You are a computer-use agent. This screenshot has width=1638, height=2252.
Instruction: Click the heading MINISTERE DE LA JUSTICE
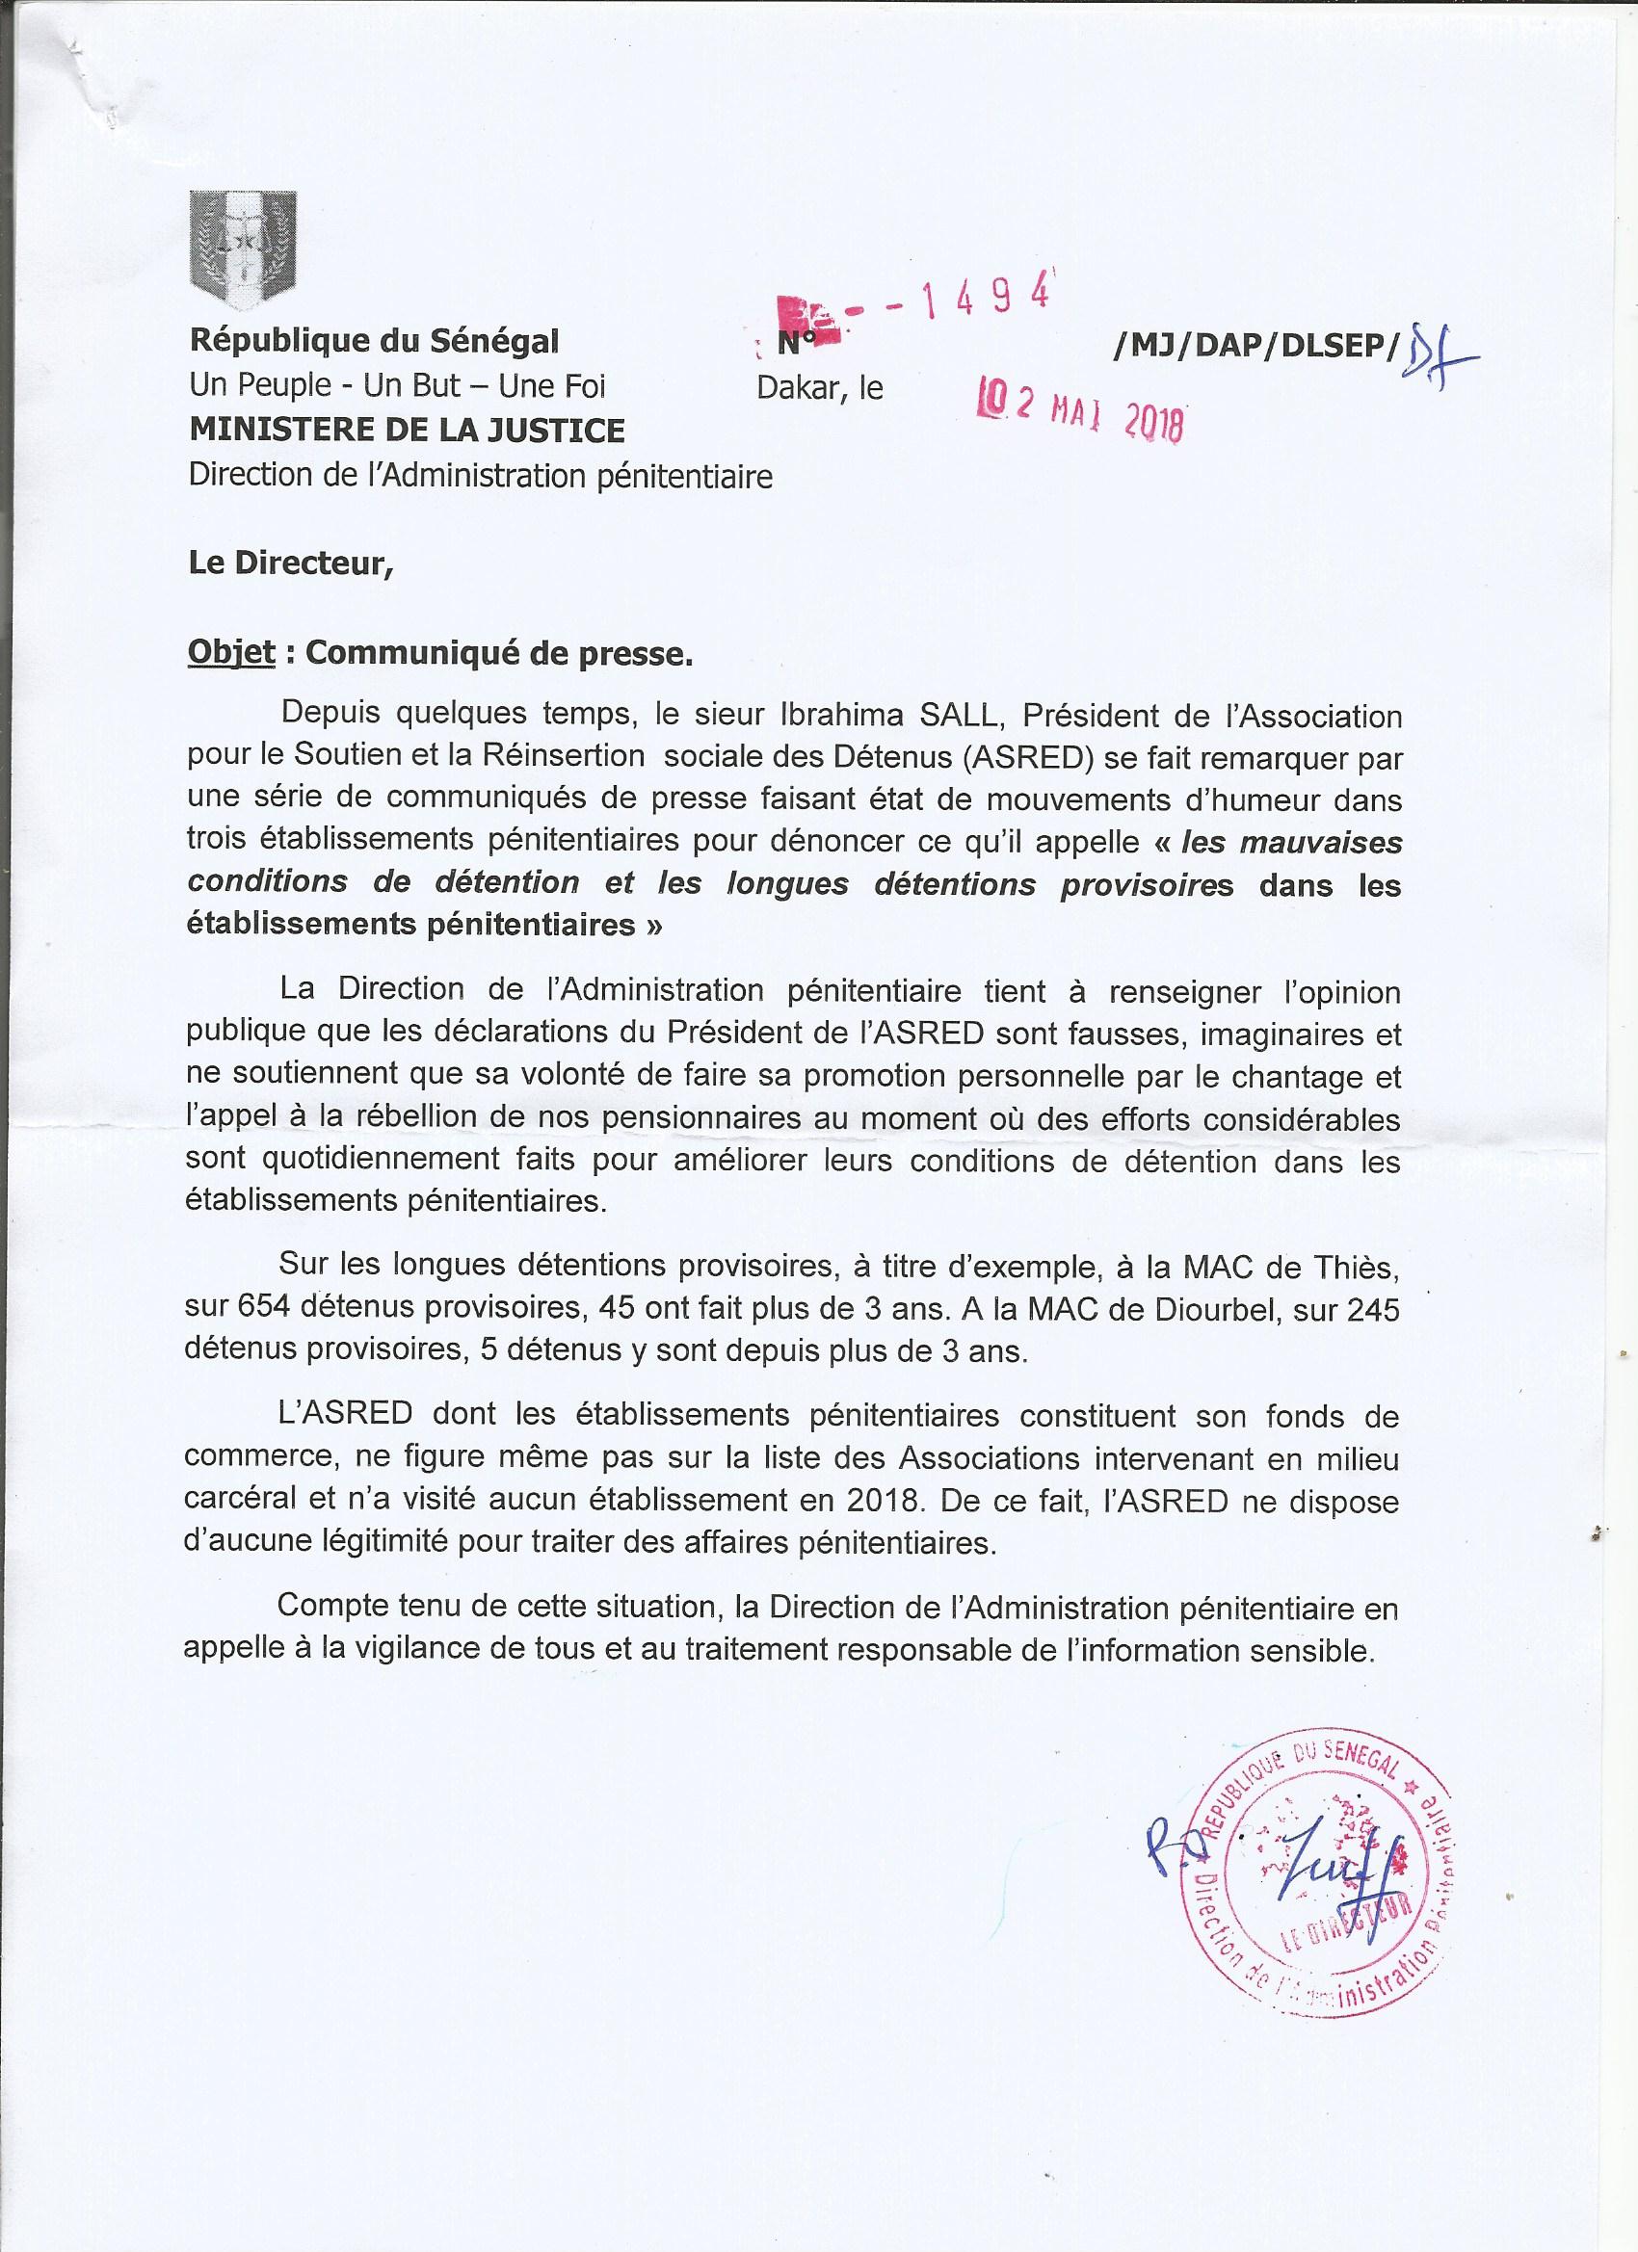tap(408, 430)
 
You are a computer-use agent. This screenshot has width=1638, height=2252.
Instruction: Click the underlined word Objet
tap(231, 655)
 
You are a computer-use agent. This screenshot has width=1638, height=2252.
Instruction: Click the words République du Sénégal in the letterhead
tap(375, 342)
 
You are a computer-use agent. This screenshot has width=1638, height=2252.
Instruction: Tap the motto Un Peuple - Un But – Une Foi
tap(396, 386)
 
